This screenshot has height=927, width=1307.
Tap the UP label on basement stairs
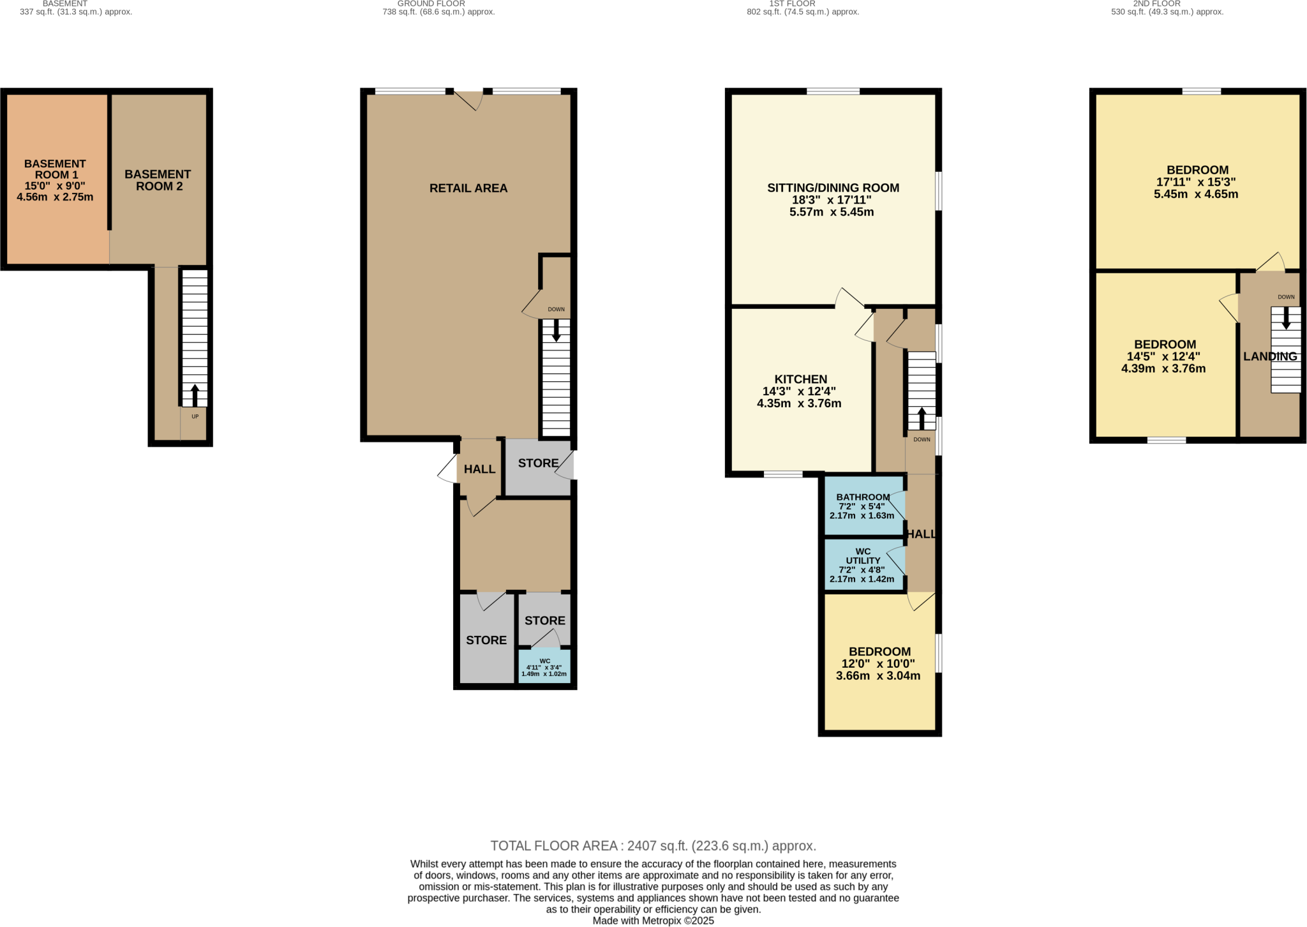[195, 416]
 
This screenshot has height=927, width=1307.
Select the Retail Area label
[468, 188]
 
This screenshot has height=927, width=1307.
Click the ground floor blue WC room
[544, 667]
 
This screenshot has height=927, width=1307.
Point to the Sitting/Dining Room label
[833, 188]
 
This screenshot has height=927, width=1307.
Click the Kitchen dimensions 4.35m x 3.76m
[799, 403]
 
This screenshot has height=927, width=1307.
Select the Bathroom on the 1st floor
[863, 506]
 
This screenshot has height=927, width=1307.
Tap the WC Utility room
[862, 564]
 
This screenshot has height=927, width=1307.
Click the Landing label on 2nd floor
[1269, 357]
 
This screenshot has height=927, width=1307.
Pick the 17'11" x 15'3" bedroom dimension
[1196, 182]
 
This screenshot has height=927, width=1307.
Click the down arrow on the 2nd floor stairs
[1286, 318]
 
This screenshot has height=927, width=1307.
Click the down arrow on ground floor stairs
[556, 330]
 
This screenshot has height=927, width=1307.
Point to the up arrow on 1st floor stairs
[922, 418]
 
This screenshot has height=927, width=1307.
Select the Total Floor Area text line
[653, 846]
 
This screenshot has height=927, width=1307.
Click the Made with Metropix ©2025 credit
[653, 921]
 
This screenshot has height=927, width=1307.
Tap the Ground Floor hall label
[479, 469]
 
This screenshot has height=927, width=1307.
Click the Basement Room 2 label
[158, 180]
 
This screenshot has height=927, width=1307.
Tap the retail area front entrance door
[469, 100]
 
